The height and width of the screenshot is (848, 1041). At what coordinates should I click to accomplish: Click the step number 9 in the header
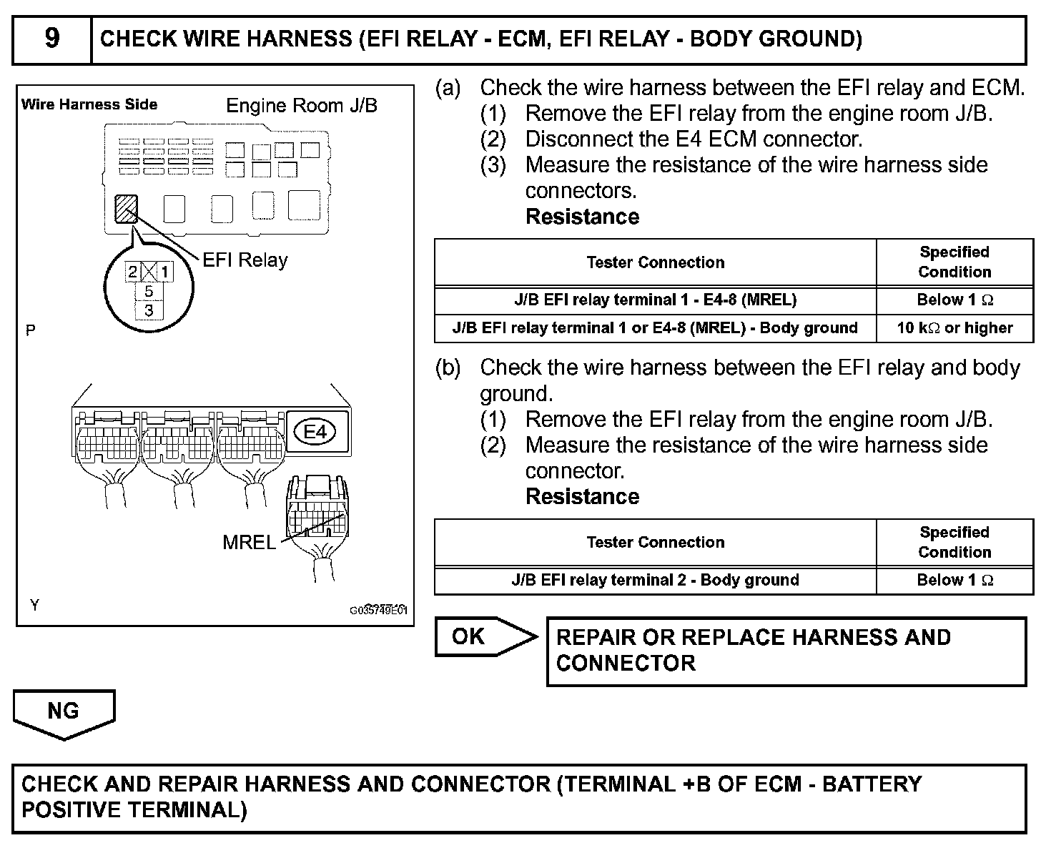pyautogui.click(x=52, y=39)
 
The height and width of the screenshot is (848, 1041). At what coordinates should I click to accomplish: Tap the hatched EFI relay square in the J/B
pyautogui.click(x=126, y=209)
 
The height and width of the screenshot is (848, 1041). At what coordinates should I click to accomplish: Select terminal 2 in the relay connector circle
pyautogui.click(x=132, y=272)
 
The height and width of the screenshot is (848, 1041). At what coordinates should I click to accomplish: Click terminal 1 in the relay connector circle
pyautogui.click(x=165, y=272)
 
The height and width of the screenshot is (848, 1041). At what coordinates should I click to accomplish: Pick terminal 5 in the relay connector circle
pyautogui.click(x=149, y=291)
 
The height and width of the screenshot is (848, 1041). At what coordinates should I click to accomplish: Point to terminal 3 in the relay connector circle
pyautogui.click(x=149, y=310)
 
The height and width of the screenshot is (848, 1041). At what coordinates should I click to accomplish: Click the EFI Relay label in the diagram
pyautogui.click(x=245, y=260)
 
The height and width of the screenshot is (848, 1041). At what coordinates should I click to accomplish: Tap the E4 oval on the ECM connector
pyautogui.click(x=315, y=432)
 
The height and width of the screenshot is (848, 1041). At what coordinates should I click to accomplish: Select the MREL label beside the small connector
pyautogui.click(x=249, y=542)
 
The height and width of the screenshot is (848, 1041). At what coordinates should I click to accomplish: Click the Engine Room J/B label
pyautogui.click(x=302, y=106)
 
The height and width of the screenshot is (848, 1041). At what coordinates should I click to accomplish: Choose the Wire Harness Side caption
pyautogui.click(x=89, y=104)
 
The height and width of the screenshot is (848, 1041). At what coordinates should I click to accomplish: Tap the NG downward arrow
pyautogui.click(x=64, y=713)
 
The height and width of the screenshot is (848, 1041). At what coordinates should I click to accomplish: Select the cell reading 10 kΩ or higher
pyautogui.click(x=954, y=328)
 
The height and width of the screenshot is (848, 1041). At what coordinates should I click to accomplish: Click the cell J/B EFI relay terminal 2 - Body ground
pyautogui.click(x=655, y=580)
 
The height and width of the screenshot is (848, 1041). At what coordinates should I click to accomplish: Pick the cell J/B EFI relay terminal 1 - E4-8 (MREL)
pyautogui.click(x=655, y=300)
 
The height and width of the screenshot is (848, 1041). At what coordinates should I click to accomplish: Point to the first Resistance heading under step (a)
pyautogui.click(x=582, y=217)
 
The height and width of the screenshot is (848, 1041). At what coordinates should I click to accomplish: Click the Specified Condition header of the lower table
pyautogui.click(x=954, y=542)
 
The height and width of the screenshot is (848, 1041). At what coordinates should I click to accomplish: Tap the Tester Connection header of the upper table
pyautogui.click(x=655, y=262)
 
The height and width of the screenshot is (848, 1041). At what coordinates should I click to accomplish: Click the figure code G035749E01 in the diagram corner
pyautogui.click(x=378, y=611)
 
